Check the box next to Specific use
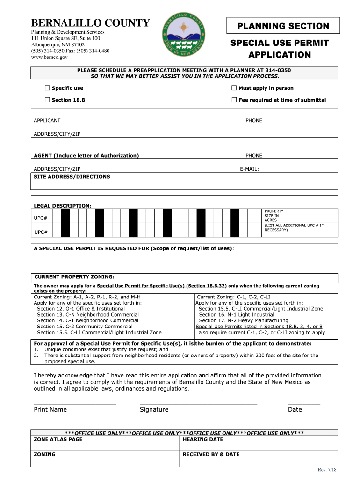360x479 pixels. (x=47, y=88)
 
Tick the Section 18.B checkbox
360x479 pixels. (x=47, y=100)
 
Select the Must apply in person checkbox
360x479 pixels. (x=234, y=88)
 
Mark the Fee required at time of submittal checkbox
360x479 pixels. (x=234, y=100)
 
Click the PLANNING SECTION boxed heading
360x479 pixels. (x=283, y=26)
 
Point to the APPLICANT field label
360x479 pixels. (x=47, y=121)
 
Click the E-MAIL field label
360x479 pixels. (x=249, y=169)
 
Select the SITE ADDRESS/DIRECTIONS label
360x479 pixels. (x=72, y=177)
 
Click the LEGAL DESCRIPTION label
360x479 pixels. (x=63, y=206)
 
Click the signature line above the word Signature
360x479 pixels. (x=198, y=403)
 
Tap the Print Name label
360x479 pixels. (x=50, y=410)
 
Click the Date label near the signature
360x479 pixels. (x=295, y=410)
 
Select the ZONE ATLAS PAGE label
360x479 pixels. (x=58, y=440)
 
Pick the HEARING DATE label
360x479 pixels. (x=203, y=440)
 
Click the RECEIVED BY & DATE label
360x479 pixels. (x=211, y=454)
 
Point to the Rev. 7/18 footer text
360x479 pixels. (x=327, y=470)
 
